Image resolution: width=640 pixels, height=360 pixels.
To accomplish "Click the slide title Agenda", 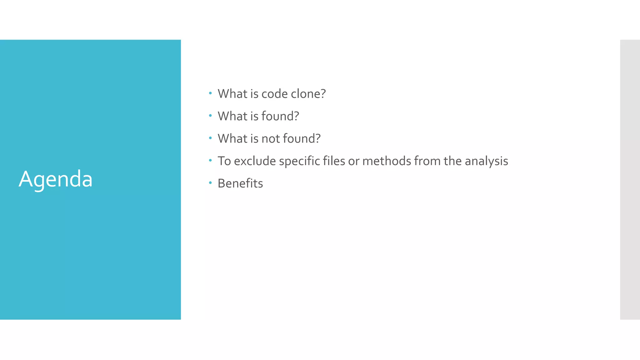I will (x=56, y=179).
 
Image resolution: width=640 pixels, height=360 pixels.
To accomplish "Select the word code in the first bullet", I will (x=274, y=94).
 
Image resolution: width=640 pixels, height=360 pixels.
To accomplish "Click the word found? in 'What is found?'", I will (x=280, y=116).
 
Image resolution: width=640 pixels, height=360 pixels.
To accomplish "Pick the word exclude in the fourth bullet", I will (x=255, y=161).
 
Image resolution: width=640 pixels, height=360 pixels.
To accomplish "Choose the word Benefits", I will (x=240, y=183).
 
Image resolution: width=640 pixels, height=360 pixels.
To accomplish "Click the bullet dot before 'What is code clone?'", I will (x=210, y=93).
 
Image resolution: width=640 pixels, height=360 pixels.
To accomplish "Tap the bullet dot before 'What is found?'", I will (x=210, y=116).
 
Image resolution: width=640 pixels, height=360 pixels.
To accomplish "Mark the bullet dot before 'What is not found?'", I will (x=210, y=138).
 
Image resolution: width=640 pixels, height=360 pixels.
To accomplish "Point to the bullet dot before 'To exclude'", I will (x=210, y=160).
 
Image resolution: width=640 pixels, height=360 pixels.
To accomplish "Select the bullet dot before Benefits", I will (x=210, y=182).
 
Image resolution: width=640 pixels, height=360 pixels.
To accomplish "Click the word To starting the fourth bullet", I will (x=224, y=161).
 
